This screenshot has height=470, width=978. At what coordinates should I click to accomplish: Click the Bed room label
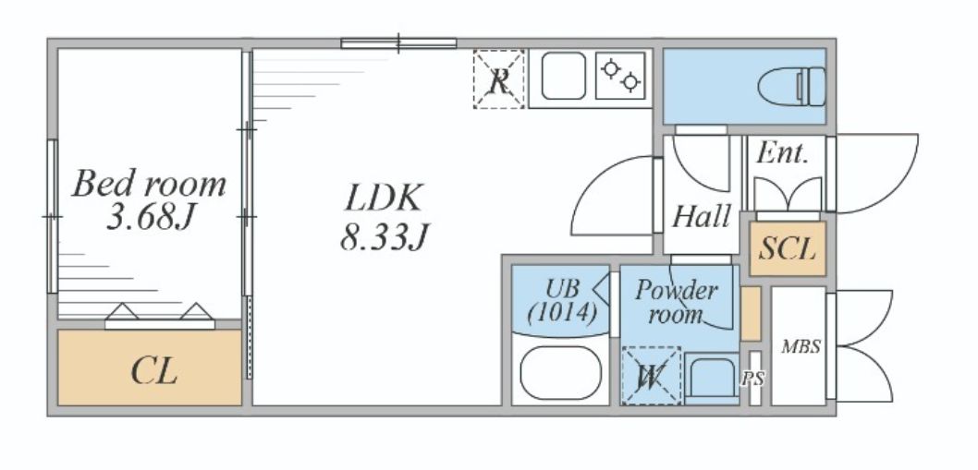[x=150, y=184]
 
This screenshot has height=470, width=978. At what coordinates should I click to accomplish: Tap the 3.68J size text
[x=150, y=220]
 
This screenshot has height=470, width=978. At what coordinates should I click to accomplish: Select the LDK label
[x=384, y=198]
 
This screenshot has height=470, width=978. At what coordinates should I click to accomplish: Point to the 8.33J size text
[x=384, y=239]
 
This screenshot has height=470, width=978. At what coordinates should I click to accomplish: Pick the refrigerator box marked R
[x=498, y=80]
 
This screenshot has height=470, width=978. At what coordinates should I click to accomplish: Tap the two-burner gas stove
[x=621, y=75]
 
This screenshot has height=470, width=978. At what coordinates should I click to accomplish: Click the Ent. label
[x=782, y=153]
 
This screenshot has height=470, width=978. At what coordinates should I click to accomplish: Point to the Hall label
[x=702, y=217]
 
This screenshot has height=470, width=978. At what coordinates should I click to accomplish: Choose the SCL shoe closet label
[x=788, y=249]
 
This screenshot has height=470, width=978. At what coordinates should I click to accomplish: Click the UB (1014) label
[x=561, y=300]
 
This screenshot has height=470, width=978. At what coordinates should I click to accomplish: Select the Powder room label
[x=676, y=302]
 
